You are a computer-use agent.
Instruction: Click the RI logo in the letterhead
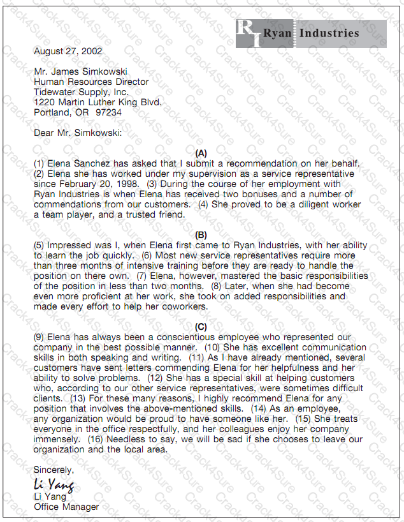pyautogui.click(x=248, y=34)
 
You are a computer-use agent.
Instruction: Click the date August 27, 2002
pyautogui.click(x=68, y=51)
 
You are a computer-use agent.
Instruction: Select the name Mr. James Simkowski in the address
pyautogui.click(x=80, y=71)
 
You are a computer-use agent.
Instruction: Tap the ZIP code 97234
pyautogui.click(x=109, y=112)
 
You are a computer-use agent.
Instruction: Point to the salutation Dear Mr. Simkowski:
pyautogui.click(x=77, y=133)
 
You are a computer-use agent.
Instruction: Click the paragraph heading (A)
pyautogui.click(x=201, y=153)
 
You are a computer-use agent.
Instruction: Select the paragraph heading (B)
pyautogui.click(x=201, y=235)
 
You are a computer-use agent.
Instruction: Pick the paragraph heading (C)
pyautogui.click(x=201, y=327)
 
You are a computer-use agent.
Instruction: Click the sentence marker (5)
pyautogui.click(x=40, y=246)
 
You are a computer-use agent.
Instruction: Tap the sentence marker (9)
pyautogui.click(x=40, y=337)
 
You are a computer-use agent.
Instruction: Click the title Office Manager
pyautogui.click(x=66, y=507)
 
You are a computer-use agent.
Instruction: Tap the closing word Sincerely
pyautogui.click(x=54, y=470)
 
